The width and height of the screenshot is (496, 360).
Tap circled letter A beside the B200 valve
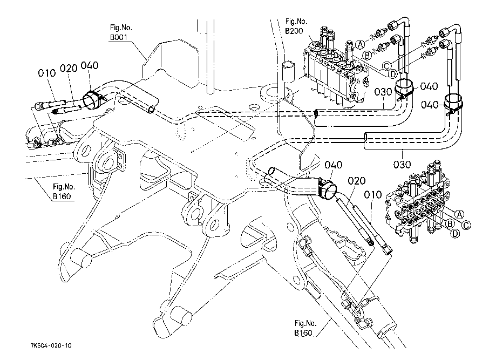(359, 43)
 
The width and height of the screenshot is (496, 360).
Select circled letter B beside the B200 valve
(366, 55)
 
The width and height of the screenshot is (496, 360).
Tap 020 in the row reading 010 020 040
(69, 69)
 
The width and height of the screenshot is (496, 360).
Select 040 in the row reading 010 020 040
(89, 66)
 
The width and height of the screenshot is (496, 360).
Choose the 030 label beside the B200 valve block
(383, 92)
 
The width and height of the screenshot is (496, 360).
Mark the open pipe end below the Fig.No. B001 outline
(153, 110)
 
